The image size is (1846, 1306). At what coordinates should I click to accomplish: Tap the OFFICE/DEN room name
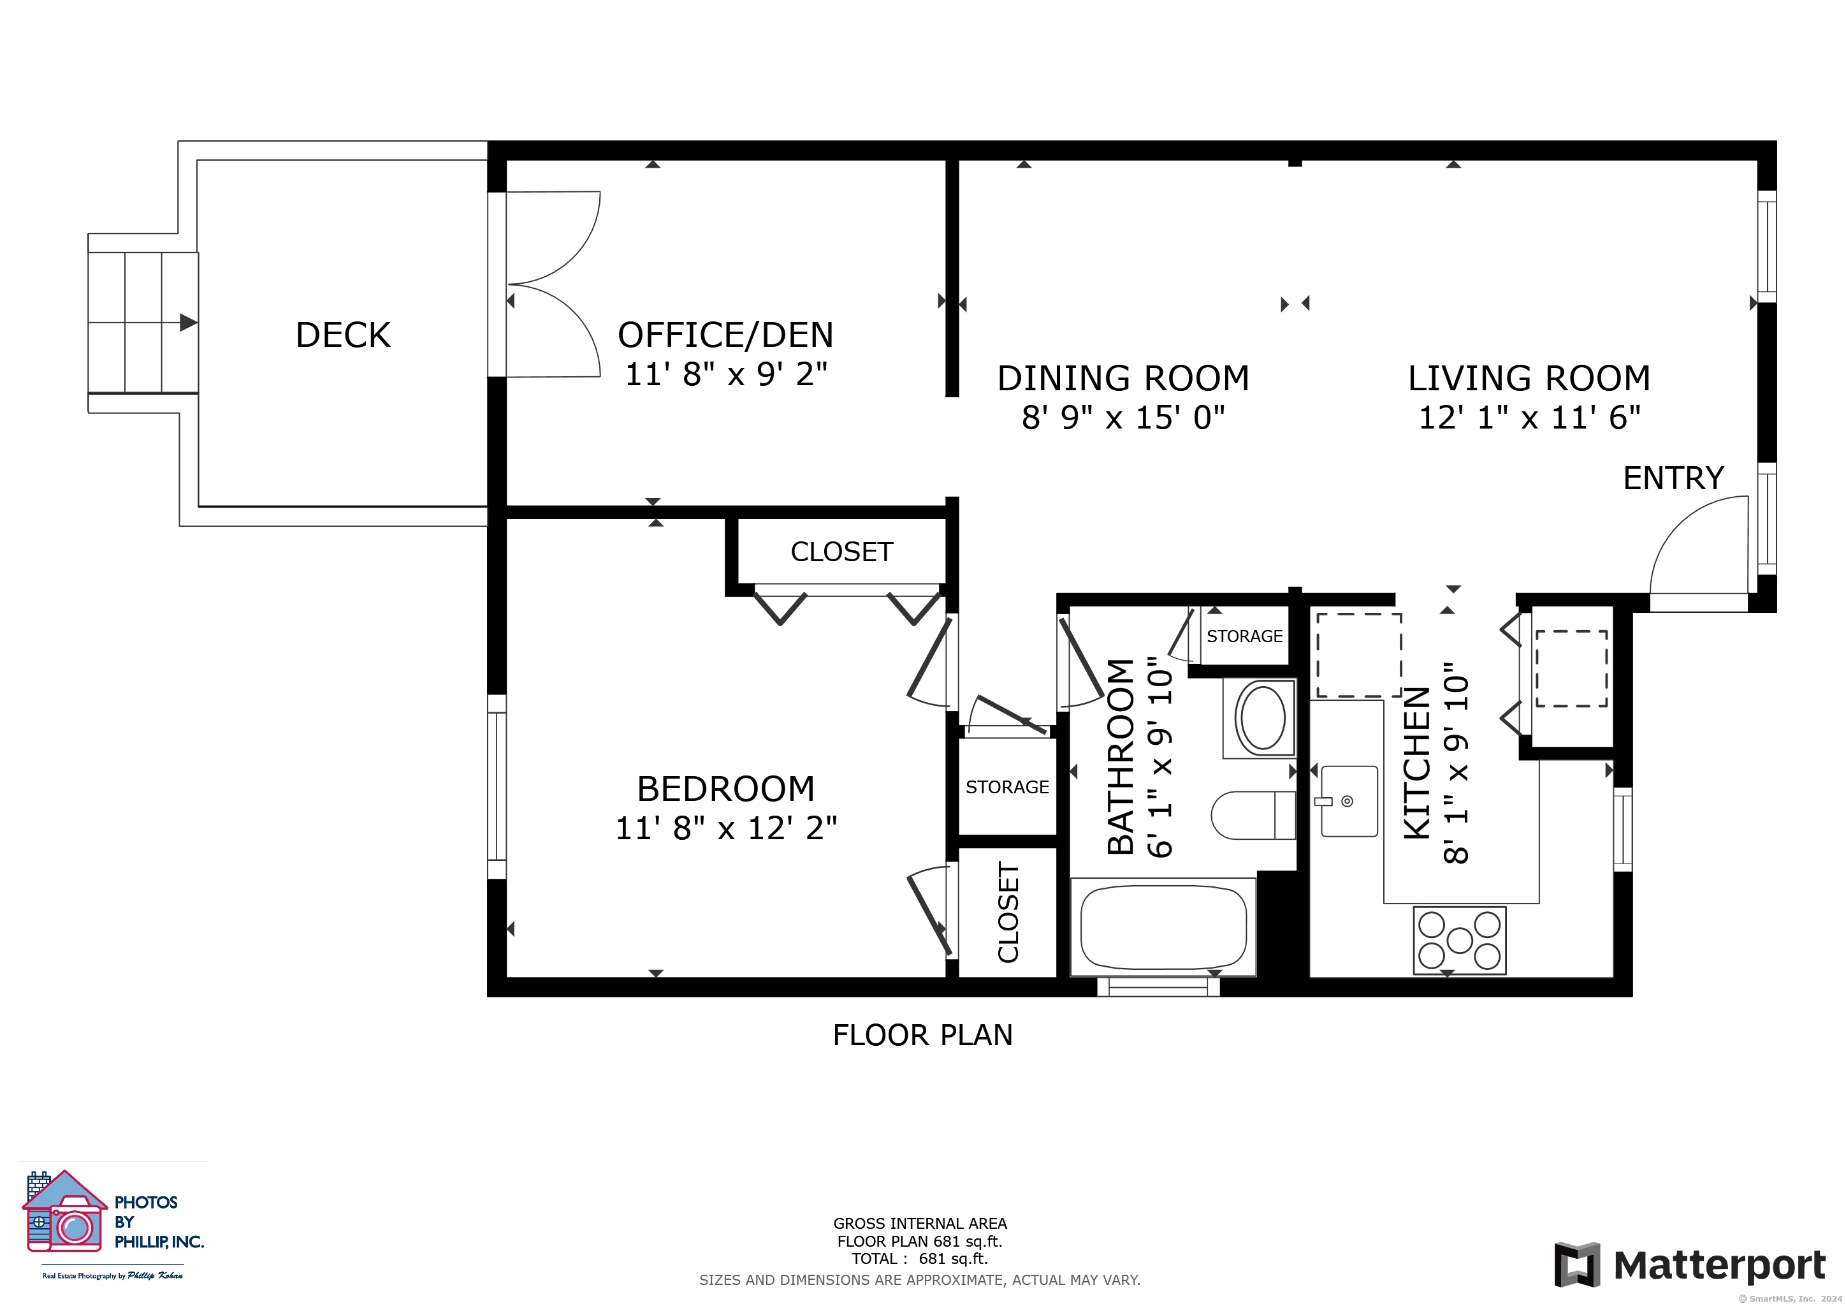[725, 335]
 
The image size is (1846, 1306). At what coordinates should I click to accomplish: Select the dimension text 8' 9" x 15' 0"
[1123, 418]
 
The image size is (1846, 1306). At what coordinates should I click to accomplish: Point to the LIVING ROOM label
[1529, 379]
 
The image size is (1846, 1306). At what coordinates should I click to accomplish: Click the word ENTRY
[1673, 478]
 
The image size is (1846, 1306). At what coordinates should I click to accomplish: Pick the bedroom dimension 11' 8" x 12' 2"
[726, 828]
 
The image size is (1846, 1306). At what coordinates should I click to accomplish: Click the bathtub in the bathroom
[1163, 927]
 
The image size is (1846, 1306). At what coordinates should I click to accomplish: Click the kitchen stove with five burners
[1459, 940]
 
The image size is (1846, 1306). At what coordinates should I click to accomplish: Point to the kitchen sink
[1349, 801]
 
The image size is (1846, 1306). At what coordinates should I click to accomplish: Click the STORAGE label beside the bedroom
[1007, 788]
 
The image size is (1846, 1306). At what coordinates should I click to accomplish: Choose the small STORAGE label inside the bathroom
[1245, 636]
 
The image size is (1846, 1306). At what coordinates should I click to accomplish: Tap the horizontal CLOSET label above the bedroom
[842, 552]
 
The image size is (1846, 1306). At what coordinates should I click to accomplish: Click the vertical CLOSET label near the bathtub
[1008, 912]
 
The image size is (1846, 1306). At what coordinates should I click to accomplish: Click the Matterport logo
[1690, 1265]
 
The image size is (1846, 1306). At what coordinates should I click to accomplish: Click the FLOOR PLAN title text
[922, 1035]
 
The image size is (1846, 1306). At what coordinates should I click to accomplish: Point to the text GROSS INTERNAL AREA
[920, 1223]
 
